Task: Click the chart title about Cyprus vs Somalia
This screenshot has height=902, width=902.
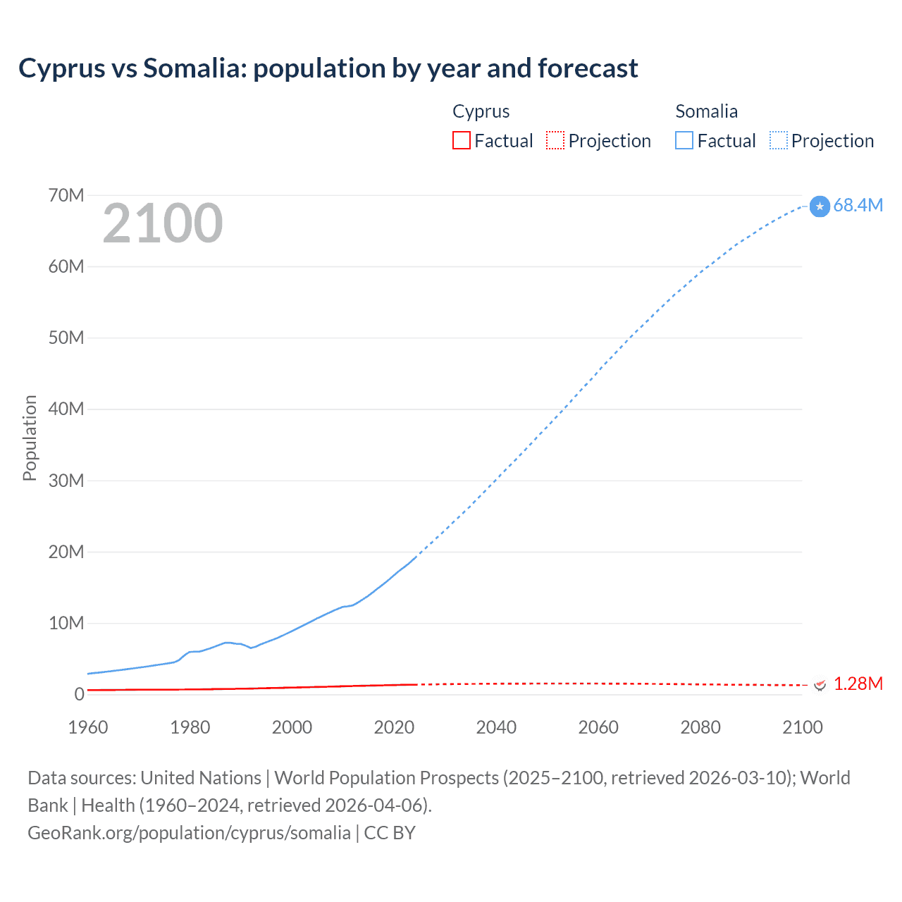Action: (x=328, y=68)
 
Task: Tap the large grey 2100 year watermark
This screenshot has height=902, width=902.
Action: (x=163, y=223)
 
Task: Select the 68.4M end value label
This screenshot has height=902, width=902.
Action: (x=858, y=205)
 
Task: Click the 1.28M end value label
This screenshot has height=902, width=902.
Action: (x=858, y=684)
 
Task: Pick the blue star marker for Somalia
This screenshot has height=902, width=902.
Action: (x=820, y=206)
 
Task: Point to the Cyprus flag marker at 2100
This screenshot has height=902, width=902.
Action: (x=820, y=684)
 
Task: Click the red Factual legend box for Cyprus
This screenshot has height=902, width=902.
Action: (x=462, y=140)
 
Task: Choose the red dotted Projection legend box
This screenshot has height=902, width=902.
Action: (x=555, y=140)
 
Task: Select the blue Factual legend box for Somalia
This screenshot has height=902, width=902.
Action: (x=684, y=140)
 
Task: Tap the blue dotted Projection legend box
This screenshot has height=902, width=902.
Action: (x=779, y=140)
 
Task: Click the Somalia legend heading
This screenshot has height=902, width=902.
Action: (x=706, y=111)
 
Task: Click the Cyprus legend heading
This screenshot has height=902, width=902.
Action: (x=481, y=111)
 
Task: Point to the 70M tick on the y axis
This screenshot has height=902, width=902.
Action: (x=66, y=195)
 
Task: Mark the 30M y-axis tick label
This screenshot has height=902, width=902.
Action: (x=66, y=481)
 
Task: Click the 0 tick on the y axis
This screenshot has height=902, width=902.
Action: (x=79, y=694)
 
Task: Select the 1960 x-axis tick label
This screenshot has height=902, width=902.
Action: (x=88, y=727)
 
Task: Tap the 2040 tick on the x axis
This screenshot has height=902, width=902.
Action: (x=496, y=727)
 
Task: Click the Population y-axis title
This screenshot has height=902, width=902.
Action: (x=30, y=438)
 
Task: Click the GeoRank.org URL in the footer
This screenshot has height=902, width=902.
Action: (x=189, y=832)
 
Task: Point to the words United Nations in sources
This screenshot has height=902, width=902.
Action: (x=201, y=777)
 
